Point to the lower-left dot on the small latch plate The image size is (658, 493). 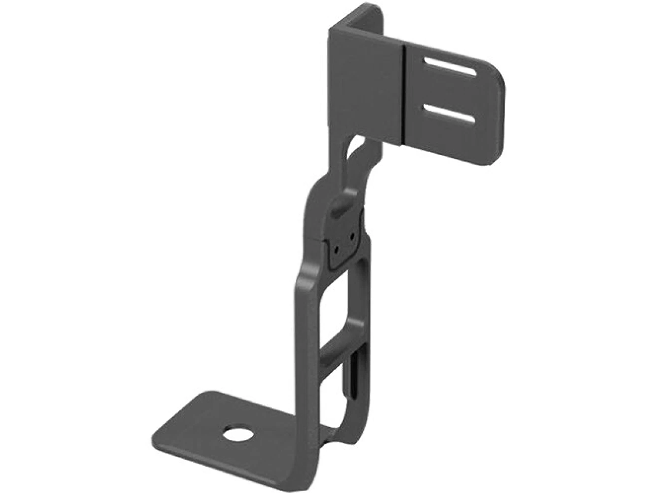coord(336,250)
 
